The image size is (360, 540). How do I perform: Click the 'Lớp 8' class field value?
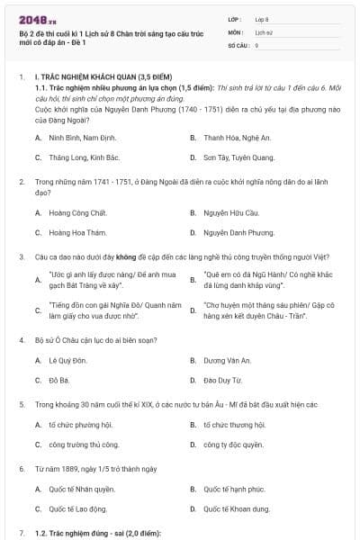[262, 18]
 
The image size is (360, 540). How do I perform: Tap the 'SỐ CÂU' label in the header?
[238, 44]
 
